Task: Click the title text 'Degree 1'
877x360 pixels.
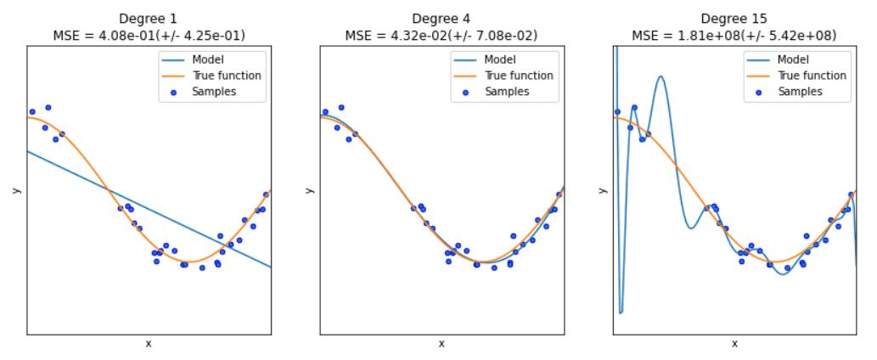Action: point(149,19)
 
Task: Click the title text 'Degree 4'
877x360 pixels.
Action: point(441,19)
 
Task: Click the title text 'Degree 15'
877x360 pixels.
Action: point(734,19)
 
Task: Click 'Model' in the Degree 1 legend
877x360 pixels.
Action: point(205,60)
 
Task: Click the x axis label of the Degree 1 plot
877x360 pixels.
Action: point(149,344)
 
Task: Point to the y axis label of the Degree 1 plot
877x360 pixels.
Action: point(16,190)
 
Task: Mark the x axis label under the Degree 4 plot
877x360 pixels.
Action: point(441,344)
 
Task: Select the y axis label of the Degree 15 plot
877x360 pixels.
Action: point(602,190)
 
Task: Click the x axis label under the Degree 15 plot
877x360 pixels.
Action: point(734,344)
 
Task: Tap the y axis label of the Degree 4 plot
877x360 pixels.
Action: point(309,190)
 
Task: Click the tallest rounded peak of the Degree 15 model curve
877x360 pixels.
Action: point(661,77)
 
